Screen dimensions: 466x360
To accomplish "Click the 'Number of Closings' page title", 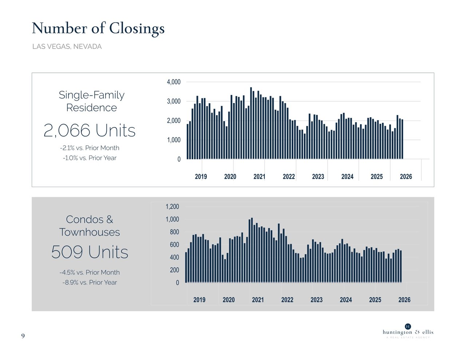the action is [x=98, y=28].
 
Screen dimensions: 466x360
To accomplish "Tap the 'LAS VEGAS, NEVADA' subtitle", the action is [x=67, y=47].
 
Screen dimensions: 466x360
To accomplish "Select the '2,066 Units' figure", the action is [x=90, y=130].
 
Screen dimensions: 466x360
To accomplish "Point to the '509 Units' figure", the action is [x=90, y=252].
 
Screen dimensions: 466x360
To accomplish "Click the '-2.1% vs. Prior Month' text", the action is [x=90, y=148].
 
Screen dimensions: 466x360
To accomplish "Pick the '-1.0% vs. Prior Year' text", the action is [x=90, y=158].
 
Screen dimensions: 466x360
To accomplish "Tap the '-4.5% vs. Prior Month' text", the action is [x=90, y=272].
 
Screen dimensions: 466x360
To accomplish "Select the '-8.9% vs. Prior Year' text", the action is [x=90, y=282].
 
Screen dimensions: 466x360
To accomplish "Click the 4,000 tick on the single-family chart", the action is [x=174, y=82].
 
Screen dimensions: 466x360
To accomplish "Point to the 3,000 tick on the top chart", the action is [x=174, y=101].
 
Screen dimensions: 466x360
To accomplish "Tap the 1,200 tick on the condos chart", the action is [x=172, y=207].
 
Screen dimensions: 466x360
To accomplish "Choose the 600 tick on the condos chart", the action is [x=174, y=245].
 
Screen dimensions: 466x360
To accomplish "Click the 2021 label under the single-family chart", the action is [x=259, y=177].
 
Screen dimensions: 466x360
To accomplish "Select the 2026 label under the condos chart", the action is [x=404, y=300].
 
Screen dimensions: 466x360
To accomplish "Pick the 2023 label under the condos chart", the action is [x=316, y=300].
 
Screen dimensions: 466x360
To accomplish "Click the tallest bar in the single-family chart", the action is [x=251, y=123].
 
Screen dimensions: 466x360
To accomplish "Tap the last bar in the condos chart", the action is [x=400, y=266].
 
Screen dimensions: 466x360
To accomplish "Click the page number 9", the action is [x=23, y=336].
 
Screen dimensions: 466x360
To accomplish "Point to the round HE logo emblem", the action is [x=408, y=327].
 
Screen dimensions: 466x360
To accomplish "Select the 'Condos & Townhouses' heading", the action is [x=90, y=226].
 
